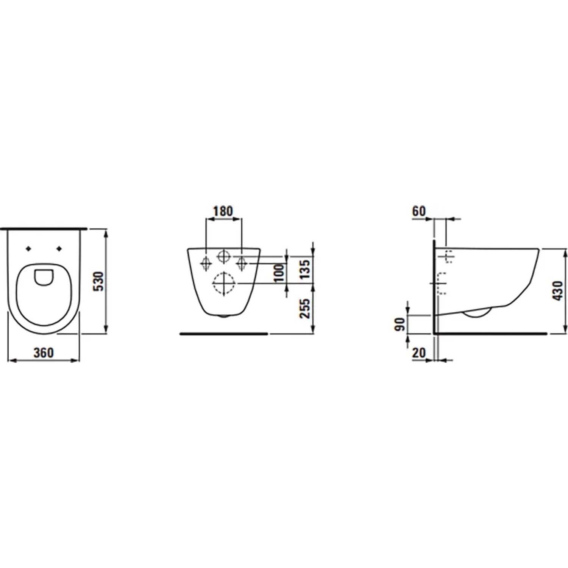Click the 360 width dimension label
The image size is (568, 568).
(x=44, y=353)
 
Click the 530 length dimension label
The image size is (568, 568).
(x=98, y=281)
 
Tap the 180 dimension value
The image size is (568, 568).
(x=223, y=211)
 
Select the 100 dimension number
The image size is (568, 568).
(x=279, y=273)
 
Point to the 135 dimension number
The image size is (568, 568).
(x=305, y=268)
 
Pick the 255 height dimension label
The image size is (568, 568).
(x=305, y=309)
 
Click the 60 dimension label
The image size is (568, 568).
(x=419, y=211)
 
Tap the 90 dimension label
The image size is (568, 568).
(x=400, y=325)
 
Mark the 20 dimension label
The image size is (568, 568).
(x=419, y=353)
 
